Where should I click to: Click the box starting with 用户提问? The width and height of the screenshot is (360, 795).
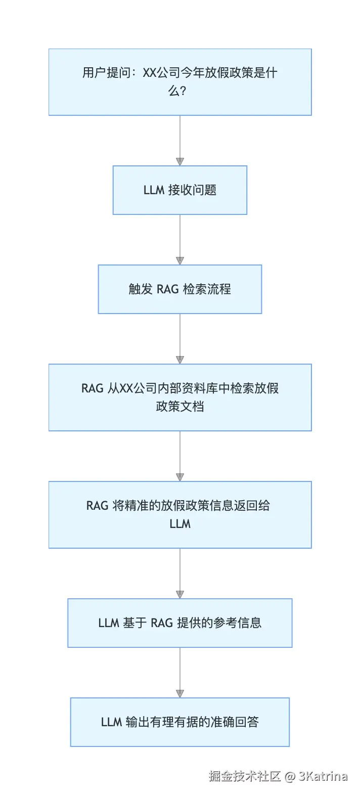tap(180, 82)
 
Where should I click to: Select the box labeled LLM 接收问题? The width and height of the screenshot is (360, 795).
tap(180, 190)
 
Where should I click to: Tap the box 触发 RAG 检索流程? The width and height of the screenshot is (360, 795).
tap(180, 289)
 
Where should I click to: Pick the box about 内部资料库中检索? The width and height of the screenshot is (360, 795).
tap(180, 398)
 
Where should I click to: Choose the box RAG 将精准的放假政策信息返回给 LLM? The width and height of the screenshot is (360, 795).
tap(180, 515)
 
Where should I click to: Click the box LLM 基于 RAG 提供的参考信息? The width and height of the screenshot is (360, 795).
tap(180, 623)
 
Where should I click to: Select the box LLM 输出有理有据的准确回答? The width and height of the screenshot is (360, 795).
tap(180, 722)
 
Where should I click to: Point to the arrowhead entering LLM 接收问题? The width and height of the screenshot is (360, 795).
tap(180, 162)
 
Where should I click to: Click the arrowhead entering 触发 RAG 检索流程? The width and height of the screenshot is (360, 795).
tap(180, 261)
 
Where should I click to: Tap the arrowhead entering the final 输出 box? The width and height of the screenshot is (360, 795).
tap(180, 694)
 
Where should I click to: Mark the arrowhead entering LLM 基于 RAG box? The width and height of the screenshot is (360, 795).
tap(180, 595)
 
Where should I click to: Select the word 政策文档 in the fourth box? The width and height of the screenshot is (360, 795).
tap(180, 407)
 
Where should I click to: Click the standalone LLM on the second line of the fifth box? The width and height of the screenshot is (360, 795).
tap(180, 524)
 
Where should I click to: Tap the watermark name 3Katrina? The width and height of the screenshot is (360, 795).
tap(323, 776)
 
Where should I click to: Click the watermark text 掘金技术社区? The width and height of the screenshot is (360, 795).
tap(245, 776)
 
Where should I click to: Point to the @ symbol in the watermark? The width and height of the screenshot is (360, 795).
tap(290, 776)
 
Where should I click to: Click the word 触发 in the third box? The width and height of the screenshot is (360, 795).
tap(141, 289)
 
